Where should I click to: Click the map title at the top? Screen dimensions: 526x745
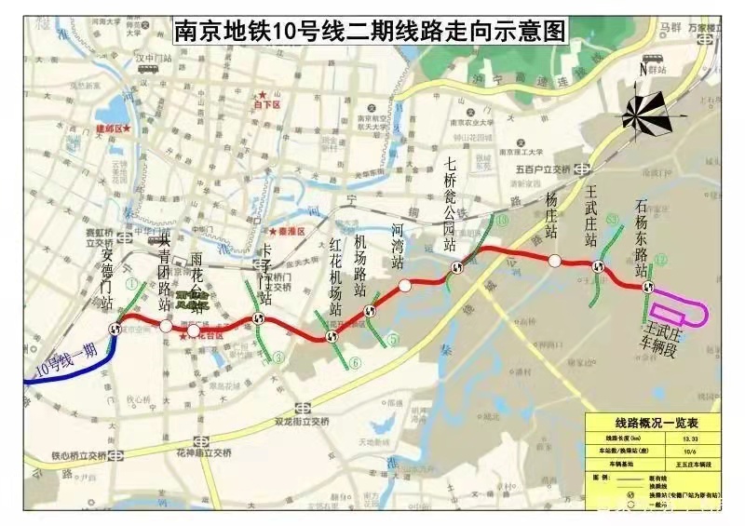tap(371, 30)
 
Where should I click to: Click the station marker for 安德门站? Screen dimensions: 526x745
tap(115, 327)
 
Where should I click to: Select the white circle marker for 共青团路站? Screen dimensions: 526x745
tap(166, 326)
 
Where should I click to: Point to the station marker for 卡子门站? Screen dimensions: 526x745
tap(258, 318)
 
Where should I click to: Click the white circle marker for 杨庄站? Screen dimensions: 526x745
tap(554, 262)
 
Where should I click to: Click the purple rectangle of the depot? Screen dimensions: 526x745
tap(680, 312)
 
